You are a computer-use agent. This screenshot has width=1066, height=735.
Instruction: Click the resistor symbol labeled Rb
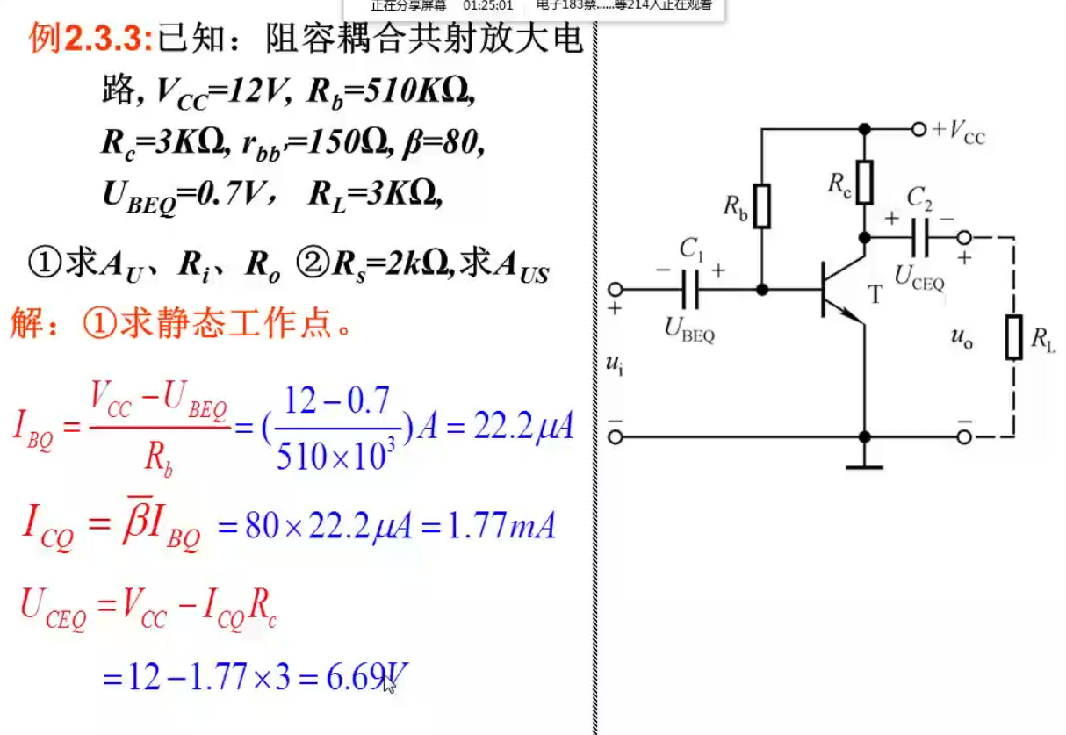(x=762, y=205)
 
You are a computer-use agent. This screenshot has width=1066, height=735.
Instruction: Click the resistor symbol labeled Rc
(x=865, y=182)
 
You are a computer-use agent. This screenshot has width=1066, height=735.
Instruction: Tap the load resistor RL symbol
(x=1014, y=338)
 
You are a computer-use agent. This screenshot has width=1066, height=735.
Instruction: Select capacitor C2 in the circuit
(x=920, y=237)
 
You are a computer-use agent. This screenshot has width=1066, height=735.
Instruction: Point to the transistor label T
(x=875, y=295)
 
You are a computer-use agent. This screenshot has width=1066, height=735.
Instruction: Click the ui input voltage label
(x=615, y=364)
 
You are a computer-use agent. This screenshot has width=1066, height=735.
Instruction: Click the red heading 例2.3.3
(x=90, y=38)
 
